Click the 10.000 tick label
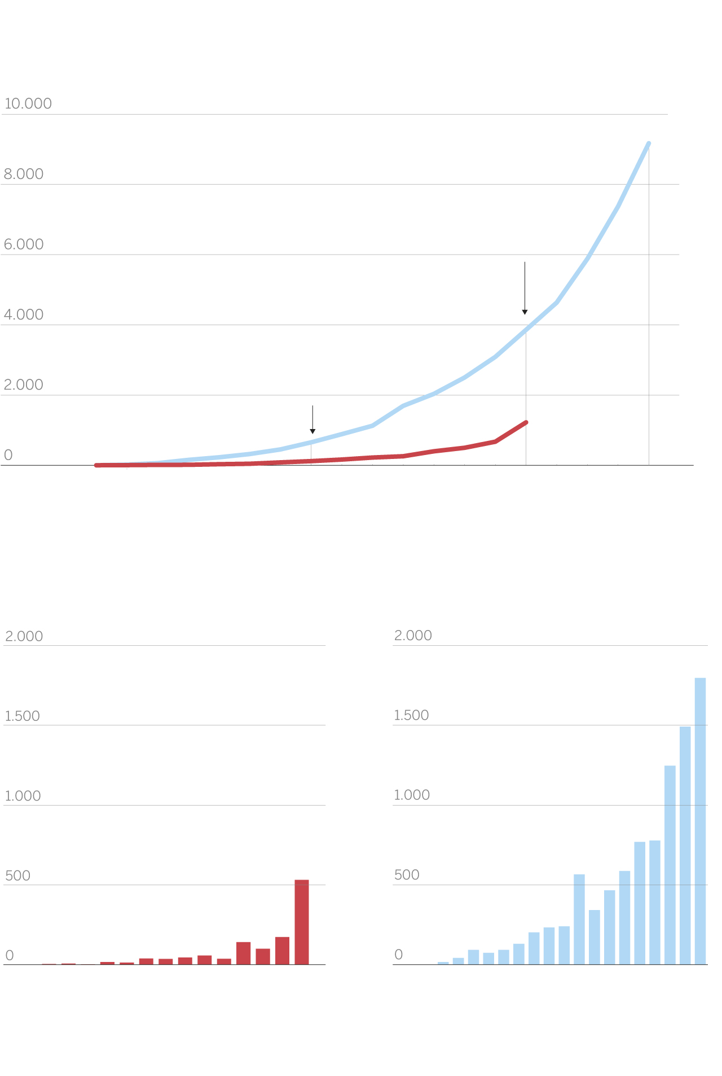[x=28, y=104]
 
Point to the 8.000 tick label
[x=24, y=174]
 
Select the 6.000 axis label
[x=24, y=244]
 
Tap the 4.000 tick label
[x=24, y=315]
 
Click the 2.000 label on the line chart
[x=24, y=385]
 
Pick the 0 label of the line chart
[x=8, y=456]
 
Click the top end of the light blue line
[x=649, y=143]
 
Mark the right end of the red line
[x=526, y=422]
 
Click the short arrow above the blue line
[x=312, y=419]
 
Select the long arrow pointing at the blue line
[x=525, y=288]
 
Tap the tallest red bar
[x=302, y=922]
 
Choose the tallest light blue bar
[x=700, y=821]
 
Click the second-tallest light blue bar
[x=685, y=845]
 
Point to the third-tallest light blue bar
[x=670, y=865]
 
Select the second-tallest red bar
[x=282, y=951]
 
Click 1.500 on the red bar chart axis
[x=23, y=716]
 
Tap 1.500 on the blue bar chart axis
[x=412, y=715]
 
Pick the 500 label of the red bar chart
[x=17, y=876]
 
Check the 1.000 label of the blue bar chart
[x=412, y=795]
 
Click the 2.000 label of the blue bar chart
[x=413, y=636]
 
